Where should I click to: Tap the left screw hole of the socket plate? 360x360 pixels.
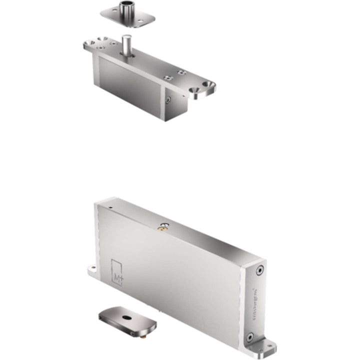pyautogui.click(x=109, y=13)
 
